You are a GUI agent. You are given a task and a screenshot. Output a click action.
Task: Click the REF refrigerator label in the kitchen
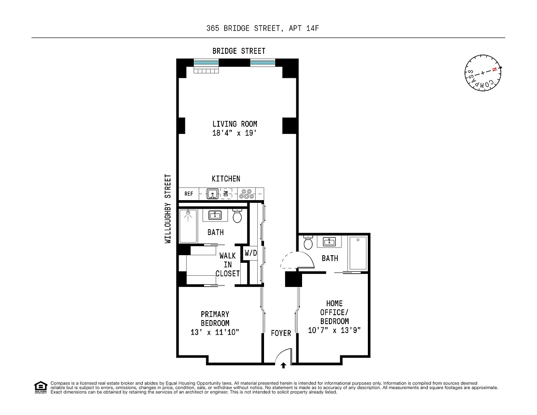click(188, 194)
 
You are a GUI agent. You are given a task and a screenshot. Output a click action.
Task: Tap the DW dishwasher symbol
click(226, 193)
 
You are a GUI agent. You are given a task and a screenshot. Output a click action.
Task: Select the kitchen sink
click(213, 194)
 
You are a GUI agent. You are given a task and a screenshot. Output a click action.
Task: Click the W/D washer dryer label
click(251, 253)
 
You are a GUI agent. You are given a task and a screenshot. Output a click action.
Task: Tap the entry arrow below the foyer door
click(283, 365)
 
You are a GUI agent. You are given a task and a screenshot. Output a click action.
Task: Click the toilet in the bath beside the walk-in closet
click(237, 216)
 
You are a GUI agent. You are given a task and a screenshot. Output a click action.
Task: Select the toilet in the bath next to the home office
click(308, 243)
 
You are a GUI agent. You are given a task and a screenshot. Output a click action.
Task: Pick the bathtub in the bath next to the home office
click(358, 253)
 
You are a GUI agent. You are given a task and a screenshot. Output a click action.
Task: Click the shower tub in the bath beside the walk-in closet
click(188, 226)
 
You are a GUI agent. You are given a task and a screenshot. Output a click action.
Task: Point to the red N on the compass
click(494, 69)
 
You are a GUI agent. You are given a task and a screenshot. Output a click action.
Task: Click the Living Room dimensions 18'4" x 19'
click(234, 133)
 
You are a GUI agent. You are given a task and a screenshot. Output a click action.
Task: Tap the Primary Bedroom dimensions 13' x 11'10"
click(215, 332)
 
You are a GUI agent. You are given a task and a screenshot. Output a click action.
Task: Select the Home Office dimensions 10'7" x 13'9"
click(334, 330)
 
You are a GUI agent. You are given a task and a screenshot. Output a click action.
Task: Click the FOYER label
click(281, 333)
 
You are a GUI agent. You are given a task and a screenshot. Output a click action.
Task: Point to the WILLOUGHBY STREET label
click(168, 209)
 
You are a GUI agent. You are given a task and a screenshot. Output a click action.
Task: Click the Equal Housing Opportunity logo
click(41, 387)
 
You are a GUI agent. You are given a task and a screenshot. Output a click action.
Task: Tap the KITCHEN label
click(226, 179)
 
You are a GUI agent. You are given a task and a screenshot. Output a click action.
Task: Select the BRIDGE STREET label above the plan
click(239, 51)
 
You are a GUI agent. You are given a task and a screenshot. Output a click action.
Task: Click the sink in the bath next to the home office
click(329, 241)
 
